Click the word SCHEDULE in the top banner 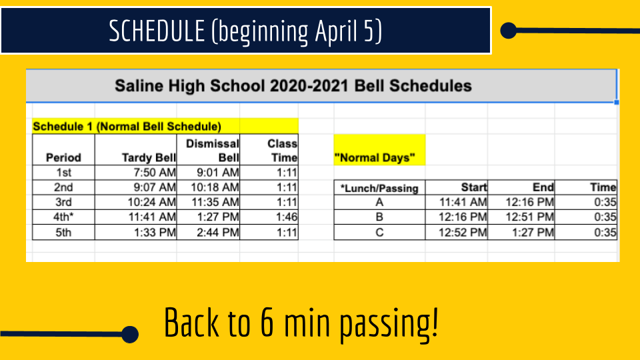point(157,31)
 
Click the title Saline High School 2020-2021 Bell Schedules point(293,86)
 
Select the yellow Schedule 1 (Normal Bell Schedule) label point(127,127)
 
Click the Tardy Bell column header point(149,157)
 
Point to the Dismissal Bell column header point(212,150)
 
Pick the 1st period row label point(64,173)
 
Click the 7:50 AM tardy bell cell point(155,173)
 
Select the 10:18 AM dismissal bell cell point(215,187)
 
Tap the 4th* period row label point(64,217)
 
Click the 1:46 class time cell point(287,217)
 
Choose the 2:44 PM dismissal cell point(217,232)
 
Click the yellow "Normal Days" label point(375,157)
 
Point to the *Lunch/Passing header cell point(379,188)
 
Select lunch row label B point(379,217)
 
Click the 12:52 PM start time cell point(463,232)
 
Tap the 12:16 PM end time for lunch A point(530,202)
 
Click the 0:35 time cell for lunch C point(605,232)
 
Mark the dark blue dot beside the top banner point(509,31)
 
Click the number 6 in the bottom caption point(267,323)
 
